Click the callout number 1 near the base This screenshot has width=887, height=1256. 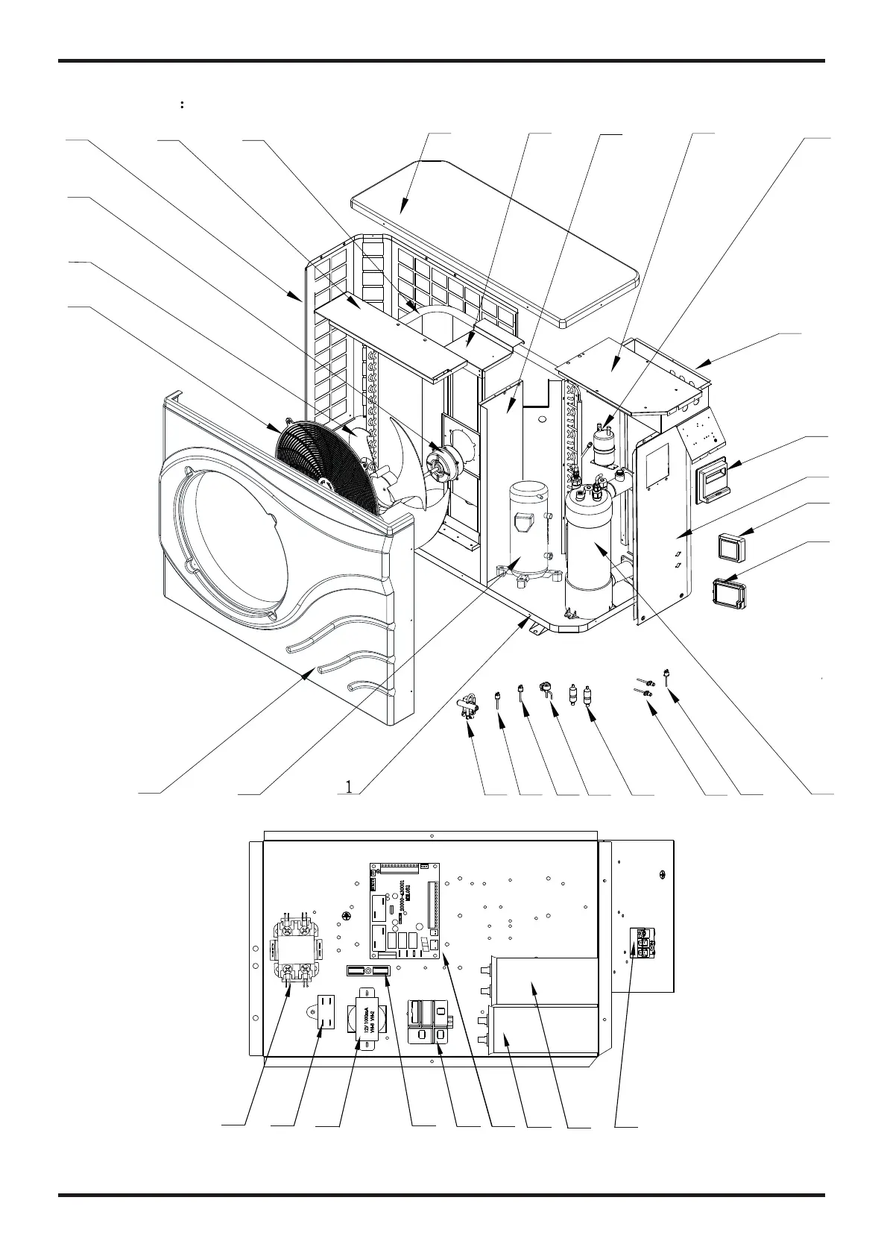click(348, 785)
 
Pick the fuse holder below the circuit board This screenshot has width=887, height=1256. click(368, 971)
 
